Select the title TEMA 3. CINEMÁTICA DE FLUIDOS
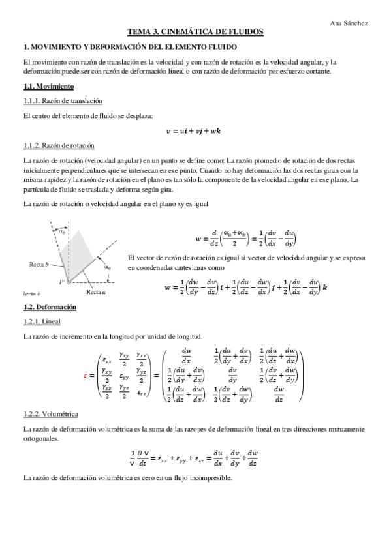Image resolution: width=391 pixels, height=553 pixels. point(195,32)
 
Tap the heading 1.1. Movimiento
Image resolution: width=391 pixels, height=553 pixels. point(48,86)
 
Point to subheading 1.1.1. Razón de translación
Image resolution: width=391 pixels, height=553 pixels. point(62,100)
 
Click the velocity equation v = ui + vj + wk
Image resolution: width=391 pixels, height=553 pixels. point(194,131)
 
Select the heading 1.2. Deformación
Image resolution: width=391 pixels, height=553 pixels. point(50,306)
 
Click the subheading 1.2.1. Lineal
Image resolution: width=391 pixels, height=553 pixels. point(41,321)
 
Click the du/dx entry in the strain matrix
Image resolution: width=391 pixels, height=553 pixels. point(186,357)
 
